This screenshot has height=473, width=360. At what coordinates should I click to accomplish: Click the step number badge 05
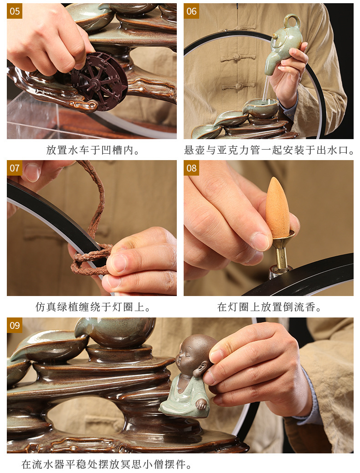(x=15, y=11)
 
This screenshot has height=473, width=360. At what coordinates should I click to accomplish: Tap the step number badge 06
(x=191, y=11)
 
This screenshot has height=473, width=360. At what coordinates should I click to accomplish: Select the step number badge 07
(x=15, y=168)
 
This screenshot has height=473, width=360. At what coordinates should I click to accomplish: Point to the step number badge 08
(x=191, y=168)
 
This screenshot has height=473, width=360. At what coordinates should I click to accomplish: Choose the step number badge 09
(x=15, y=325)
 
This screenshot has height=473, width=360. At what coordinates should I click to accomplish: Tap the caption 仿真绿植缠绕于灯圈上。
(x=93, y=307)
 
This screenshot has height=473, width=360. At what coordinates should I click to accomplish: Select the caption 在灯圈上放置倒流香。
(x=269, y=307)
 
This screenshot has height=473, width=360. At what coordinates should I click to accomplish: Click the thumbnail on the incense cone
(x=261, y=241)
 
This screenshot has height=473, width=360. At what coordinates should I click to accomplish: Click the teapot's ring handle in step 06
(x=292, y=21)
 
